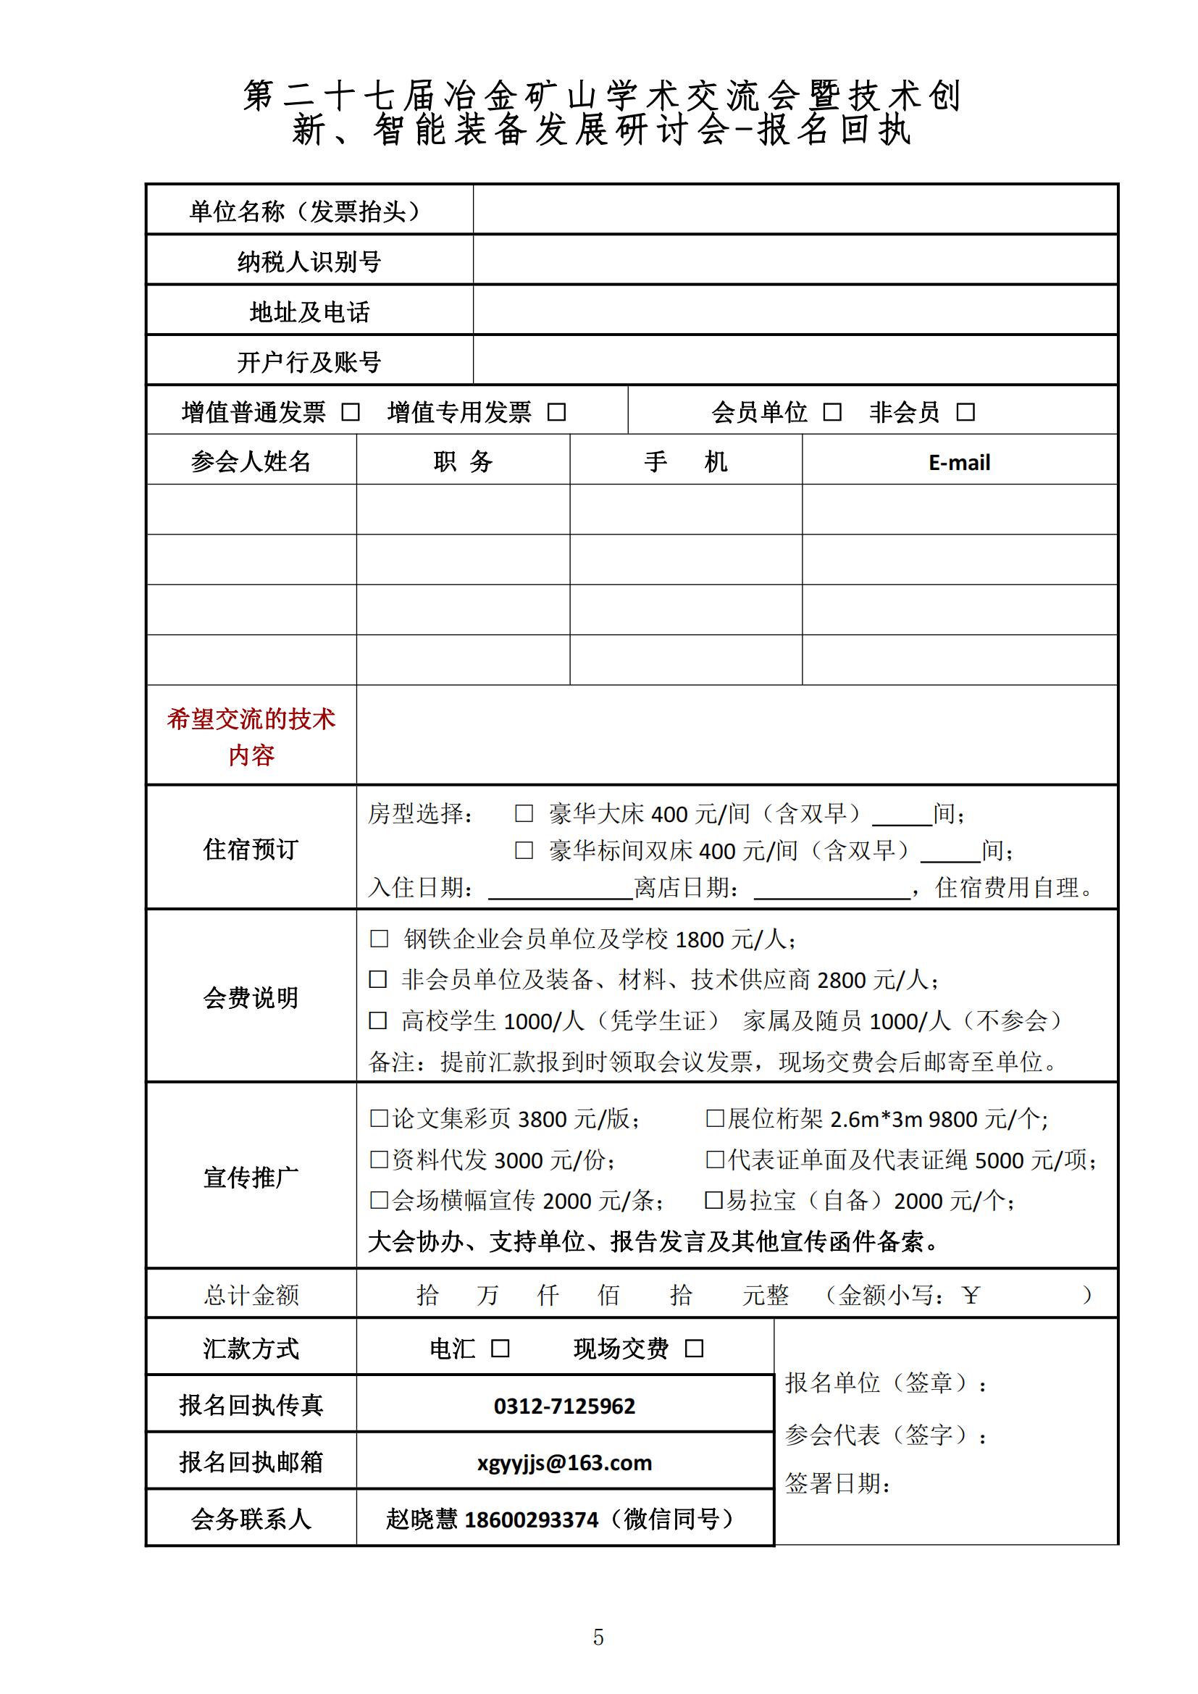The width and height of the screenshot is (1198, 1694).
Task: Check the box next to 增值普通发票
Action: click(x=351, y=412)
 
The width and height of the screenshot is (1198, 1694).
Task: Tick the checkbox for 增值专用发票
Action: click(x=557, y=412)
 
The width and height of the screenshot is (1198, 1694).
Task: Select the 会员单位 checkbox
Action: click(x=832, y=412)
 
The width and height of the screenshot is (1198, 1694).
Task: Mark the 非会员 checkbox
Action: click(x=965, y=412)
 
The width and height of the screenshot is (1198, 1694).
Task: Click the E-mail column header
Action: click(x=959, y=463)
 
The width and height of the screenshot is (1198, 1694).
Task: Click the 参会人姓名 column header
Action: click(x=251, y=462)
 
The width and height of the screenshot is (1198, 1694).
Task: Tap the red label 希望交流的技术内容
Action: click(x=251, y=737)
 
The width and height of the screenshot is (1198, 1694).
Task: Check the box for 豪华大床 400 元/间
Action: click(x=524, y=814)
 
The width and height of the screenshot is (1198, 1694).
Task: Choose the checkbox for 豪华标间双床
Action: click(x=524, y=851)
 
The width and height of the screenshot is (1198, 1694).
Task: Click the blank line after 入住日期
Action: click(x=561, y=890)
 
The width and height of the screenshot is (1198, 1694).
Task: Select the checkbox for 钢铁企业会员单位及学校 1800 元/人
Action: click(x=378, y=939)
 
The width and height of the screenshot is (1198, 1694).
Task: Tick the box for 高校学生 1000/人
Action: click(x=377, y=1021)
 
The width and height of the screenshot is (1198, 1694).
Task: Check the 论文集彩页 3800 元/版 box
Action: click(x=378, y=1118)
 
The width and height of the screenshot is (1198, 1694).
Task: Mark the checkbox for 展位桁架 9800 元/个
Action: click(x=715, y=1118)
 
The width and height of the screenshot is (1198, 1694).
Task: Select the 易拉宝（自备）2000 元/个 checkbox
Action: click(x=713, y=1200)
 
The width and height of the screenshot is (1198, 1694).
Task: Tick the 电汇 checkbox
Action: click(x=500, y=1349)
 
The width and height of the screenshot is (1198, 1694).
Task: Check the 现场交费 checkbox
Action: click(x=694, y=1349)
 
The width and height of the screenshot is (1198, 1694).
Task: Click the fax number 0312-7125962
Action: click(x=564, y=1406)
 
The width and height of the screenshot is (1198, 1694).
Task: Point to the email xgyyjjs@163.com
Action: click(x=564, y=1462)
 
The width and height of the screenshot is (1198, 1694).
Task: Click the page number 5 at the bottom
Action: click(x=598, y=1638)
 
